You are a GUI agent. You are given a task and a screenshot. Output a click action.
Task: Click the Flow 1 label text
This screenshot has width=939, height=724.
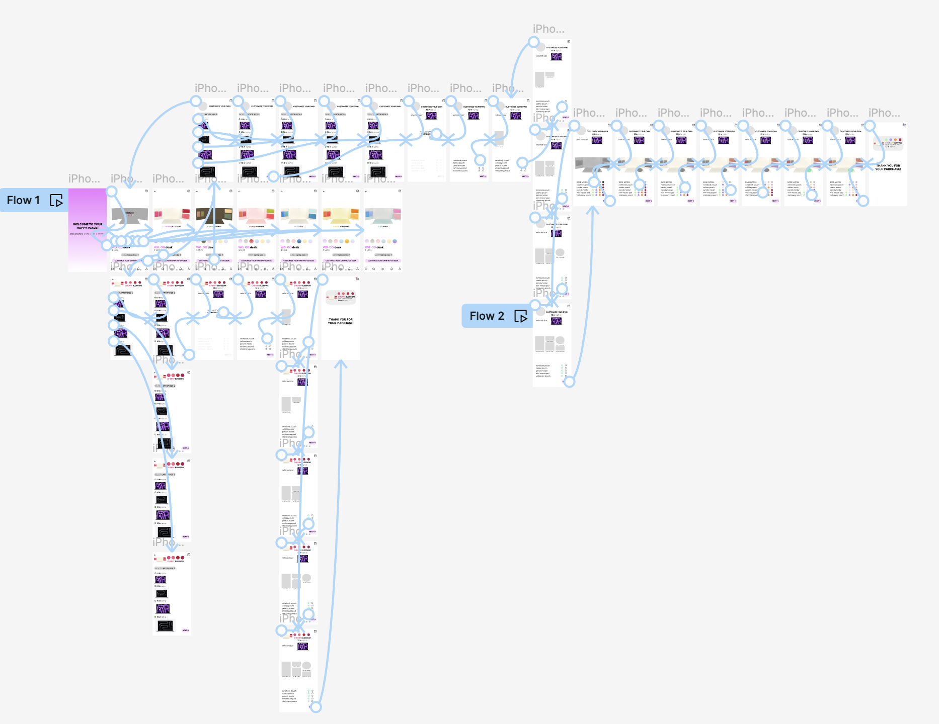point(23,200)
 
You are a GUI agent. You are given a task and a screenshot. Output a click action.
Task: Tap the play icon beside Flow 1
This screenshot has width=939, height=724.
point(56,201)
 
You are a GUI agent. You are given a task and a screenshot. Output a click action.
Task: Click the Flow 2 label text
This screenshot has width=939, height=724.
point(486,316)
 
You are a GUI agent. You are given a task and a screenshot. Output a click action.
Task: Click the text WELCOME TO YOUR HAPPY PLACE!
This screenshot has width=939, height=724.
point(88,226)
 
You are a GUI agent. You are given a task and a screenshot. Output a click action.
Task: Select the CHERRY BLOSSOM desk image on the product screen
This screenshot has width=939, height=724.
point(172,215)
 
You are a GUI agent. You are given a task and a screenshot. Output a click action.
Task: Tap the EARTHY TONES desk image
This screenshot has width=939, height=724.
point(214,215)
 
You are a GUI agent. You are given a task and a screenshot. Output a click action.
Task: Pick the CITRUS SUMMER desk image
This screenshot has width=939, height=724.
point(256,215)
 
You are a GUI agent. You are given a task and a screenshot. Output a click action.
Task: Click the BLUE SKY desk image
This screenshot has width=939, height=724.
point(298,215)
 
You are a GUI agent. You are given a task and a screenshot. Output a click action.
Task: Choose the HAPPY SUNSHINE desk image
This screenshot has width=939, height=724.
point(341,215)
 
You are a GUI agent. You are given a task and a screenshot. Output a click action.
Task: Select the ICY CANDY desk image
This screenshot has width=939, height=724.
point(383,215)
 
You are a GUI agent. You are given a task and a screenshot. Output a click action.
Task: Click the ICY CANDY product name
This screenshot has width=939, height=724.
point(383,227)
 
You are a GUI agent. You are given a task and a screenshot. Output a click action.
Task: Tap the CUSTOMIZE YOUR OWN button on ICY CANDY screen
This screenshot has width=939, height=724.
point(383,260)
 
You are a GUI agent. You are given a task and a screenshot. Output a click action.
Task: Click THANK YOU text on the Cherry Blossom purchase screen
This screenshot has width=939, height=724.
point(341,321)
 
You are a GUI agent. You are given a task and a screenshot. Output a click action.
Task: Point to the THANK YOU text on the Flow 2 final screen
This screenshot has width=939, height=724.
point(888,167)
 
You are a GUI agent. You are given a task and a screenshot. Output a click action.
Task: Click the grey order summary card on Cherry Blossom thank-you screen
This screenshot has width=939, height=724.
point(341,297)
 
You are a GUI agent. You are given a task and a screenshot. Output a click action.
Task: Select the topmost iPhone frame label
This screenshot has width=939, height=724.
point(549,29)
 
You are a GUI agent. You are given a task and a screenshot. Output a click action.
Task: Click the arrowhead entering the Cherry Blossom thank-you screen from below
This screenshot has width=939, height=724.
point(341,363)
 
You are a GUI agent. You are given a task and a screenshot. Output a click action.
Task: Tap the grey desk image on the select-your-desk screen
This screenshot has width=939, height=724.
point(129,215)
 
